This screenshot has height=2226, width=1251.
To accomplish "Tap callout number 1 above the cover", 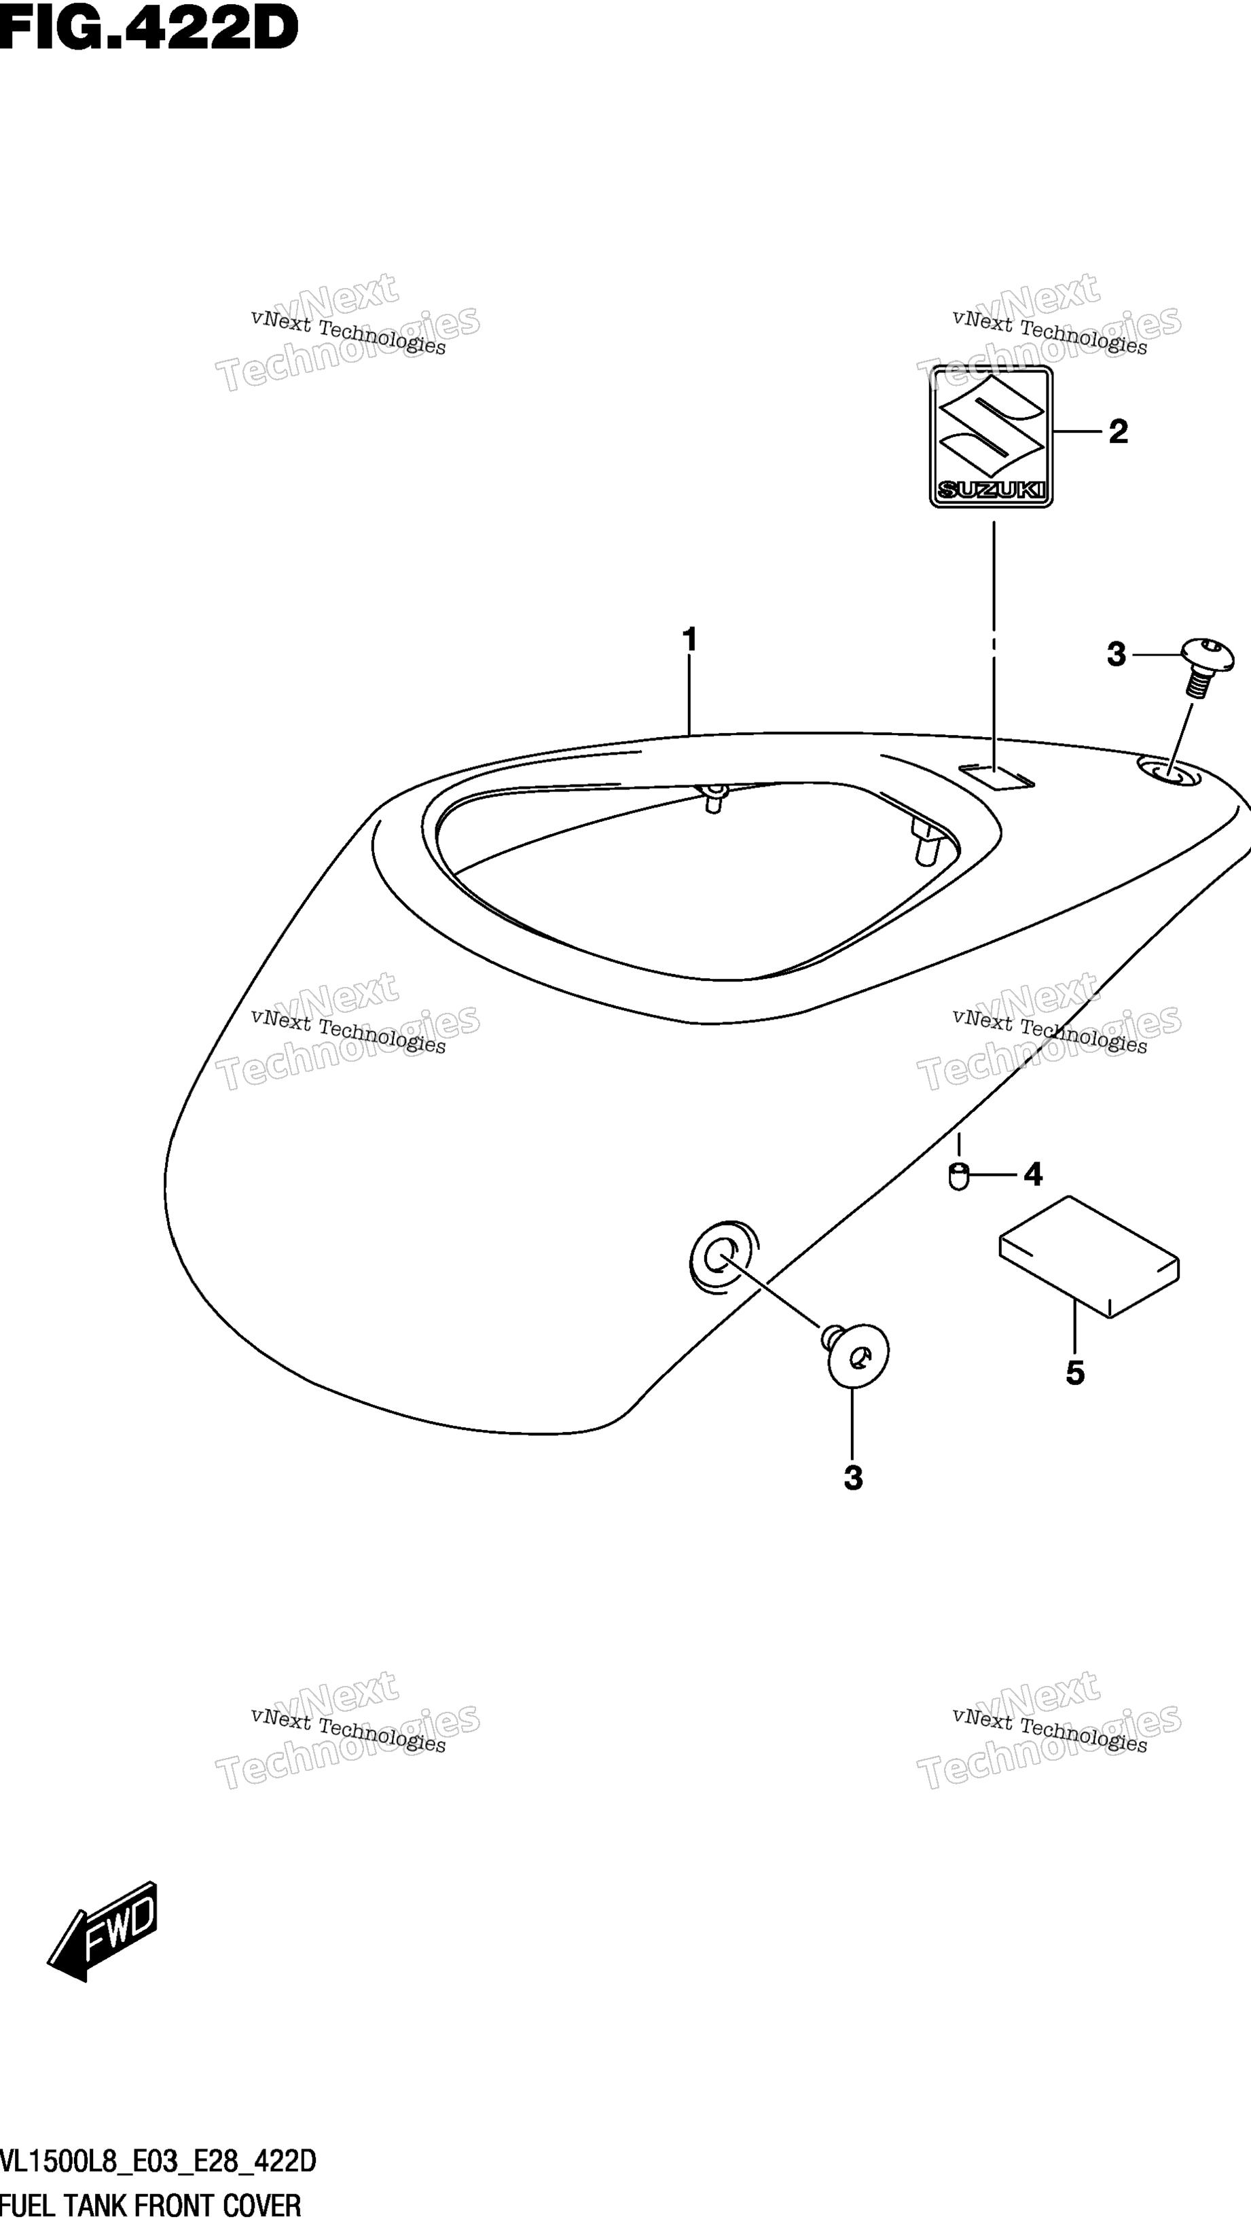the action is point(689,641).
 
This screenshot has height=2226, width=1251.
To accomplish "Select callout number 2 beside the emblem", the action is point(1118,431).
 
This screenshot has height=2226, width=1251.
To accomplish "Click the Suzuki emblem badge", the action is point(991,435).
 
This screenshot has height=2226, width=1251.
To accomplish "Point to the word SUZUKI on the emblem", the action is point(991,490).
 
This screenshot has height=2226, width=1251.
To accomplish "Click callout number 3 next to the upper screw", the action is point(1117,655).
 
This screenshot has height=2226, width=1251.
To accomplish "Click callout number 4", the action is point(1032,1174).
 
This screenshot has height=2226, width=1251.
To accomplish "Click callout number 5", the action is point(1074,1372).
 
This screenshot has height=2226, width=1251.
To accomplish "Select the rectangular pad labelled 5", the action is point(1089,1257).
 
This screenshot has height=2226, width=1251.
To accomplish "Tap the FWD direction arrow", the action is point(103,1932).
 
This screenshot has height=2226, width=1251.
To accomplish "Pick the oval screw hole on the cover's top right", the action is point(1169,772).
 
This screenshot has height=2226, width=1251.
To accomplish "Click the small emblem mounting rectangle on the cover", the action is point(996,776).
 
